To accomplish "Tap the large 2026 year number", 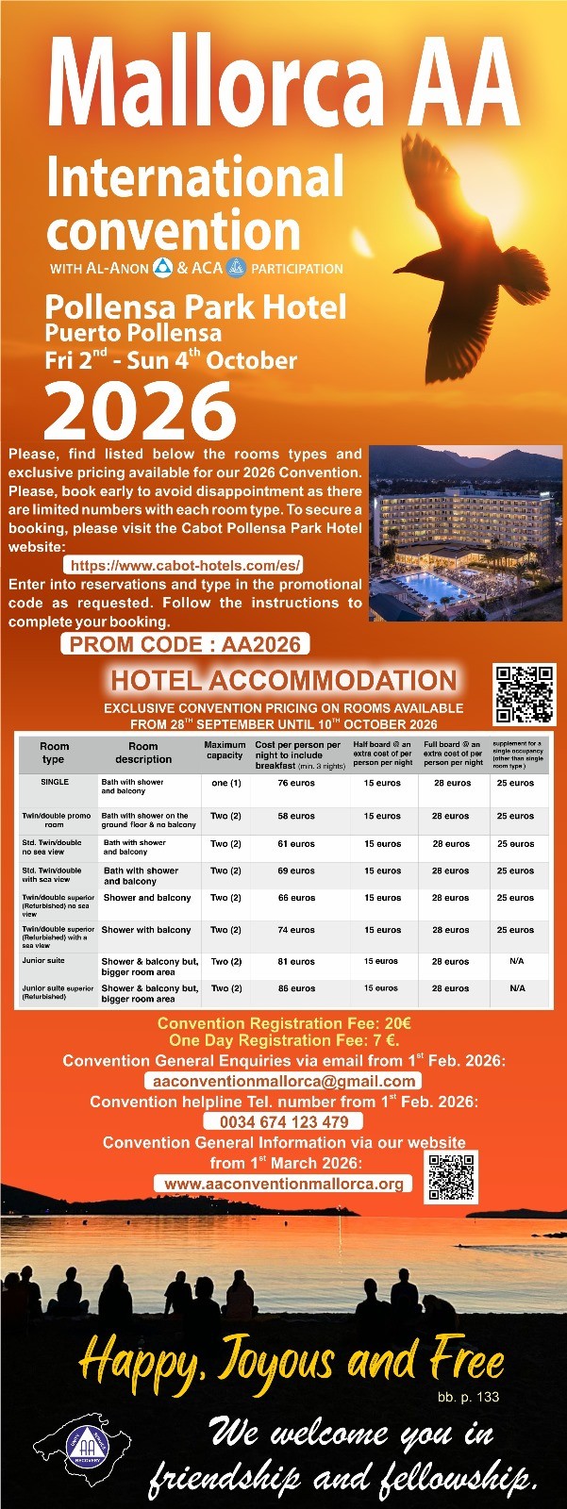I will pyautogui.click(x=140, y=411).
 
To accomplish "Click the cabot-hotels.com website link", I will pyautogui.click(x=186, y=565).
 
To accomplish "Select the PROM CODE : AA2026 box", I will pyautogui.click(x=186, y=644).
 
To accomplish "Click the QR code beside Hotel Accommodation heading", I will pyautogui.click(x=525, y=694).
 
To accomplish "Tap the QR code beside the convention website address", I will pyautogui.click(x=451, y=1176).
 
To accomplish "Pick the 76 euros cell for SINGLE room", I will pyautogui.click(x=296, y=783).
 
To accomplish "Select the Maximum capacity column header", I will pyautogui.click(x=225, y=750).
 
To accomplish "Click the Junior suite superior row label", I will pyautogui.click(x=58, y=992).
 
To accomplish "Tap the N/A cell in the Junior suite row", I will pyautogui.click(x=516, y=961).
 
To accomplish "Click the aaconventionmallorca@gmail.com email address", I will pyautogui.click(x=283, y=1081).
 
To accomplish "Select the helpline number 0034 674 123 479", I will pyautogui.click(x=284, y=1121).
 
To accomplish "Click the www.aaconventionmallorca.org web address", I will pyautogui.click(x=284, y=1184).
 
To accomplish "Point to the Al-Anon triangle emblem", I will pyautogui.click(x=162, y=267).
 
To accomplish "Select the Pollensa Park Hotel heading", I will pyautogui.click(x=195, y=307).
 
